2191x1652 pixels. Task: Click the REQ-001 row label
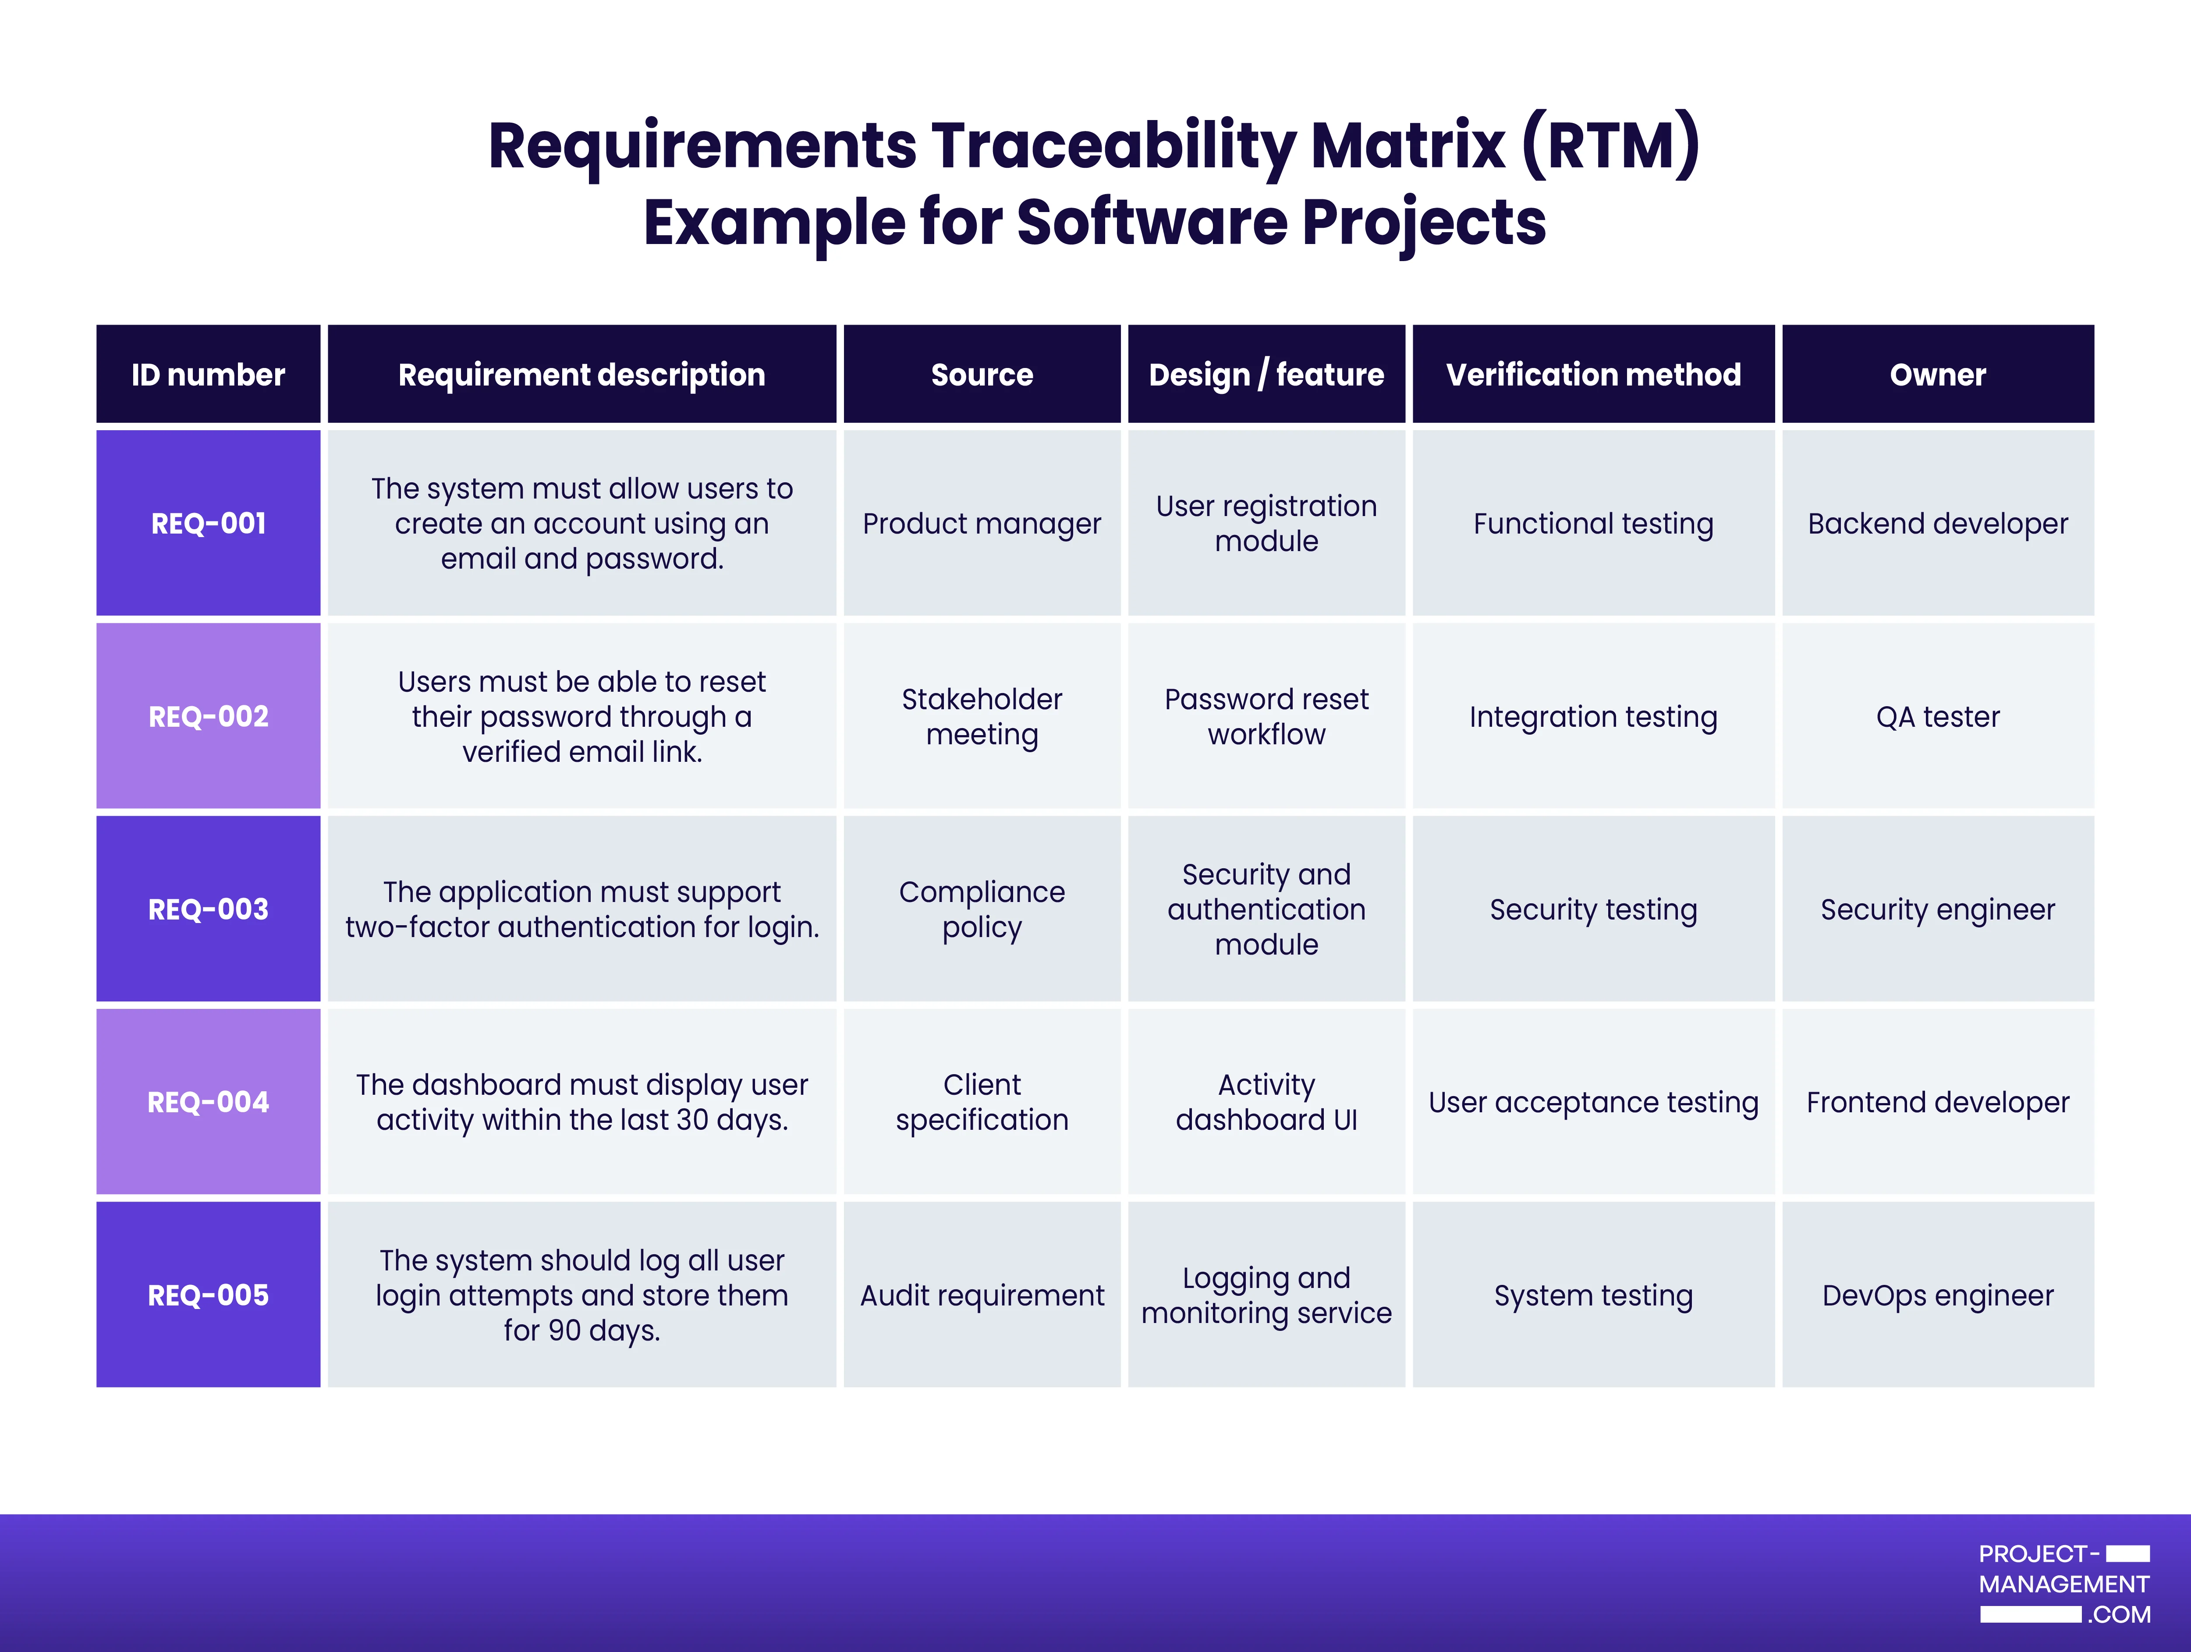tap(208, 523)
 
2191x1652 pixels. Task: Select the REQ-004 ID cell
tap(208, 1101)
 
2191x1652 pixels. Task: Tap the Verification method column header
tap(1593, 375)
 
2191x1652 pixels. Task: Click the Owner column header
tap(1937, 375)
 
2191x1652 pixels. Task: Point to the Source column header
tap(982, 375)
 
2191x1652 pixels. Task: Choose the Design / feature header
tap(1266, 375)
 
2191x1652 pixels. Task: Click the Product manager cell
tap(982, 523)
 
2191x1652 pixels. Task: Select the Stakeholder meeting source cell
tap(982, 716)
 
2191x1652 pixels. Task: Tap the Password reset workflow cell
tap(1266, 716)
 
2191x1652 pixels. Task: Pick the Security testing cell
tap(1593, 909)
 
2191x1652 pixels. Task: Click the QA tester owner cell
tap(1937, 716)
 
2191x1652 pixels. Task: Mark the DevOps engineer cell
tap(1937, 1295)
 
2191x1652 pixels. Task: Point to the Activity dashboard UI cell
tap(1266, 1101)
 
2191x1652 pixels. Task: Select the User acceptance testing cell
tap(1593, 1101)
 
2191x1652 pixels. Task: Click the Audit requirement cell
tap(982, 1295)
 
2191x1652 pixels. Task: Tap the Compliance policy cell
tap(982, 909)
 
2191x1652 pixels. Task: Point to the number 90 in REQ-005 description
tap(564, 1330)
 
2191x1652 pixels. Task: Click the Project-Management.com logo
tap(2064, 1584)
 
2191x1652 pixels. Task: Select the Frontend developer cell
tap(1937, 1101)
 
